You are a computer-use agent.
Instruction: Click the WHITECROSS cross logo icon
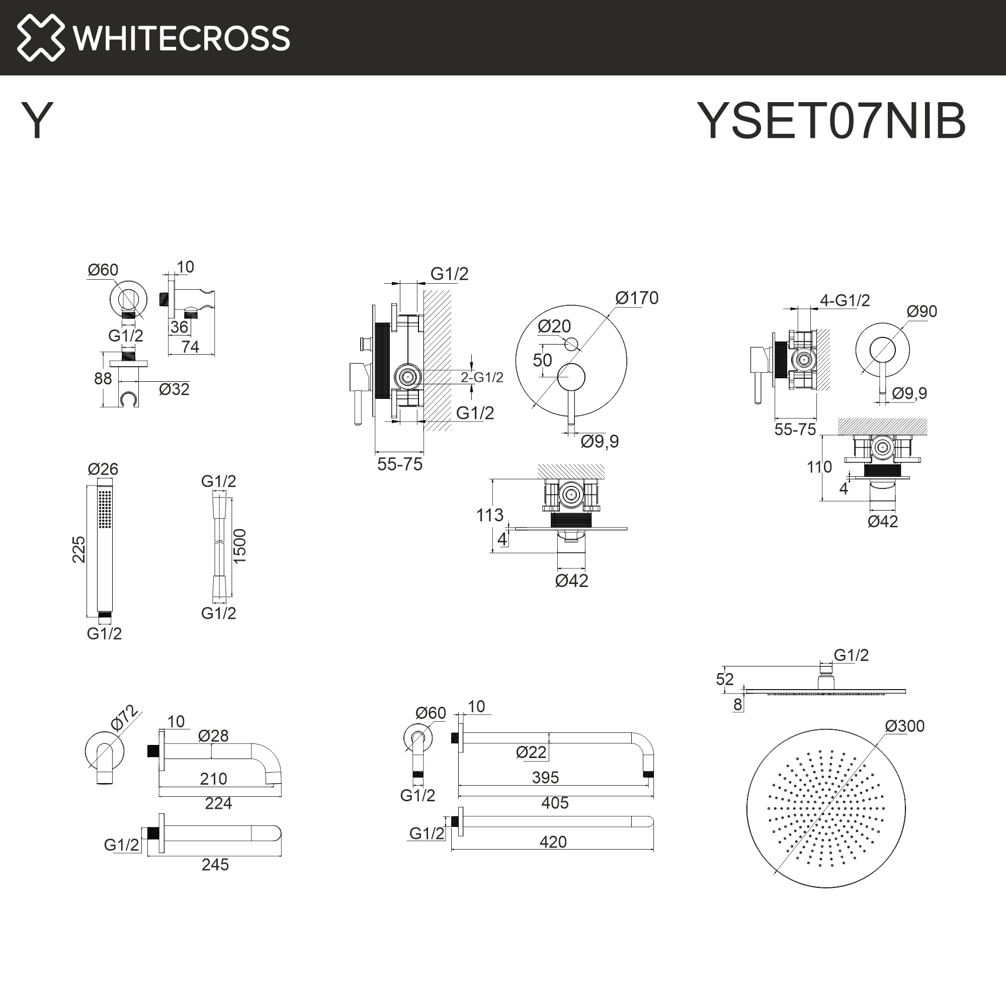click(x=41, y=38)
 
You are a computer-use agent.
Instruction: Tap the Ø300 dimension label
click(x=904, y=726)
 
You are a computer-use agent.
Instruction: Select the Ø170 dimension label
click(x=636, y=298)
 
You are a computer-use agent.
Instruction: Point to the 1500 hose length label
click(x=239, y=546)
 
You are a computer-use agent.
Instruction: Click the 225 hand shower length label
click(x=78, y=549)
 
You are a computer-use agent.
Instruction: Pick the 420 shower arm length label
click(x=552, y=842)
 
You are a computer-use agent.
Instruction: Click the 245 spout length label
click(x=215, y=864)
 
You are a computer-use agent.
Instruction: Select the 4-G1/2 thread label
click(x=845, y=300)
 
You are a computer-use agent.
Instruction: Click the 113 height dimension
click(x=489, y=515)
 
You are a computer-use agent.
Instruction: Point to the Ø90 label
click(x=921, y=311)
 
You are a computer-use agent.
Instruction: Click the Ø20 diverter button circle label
click(x=554, y=326)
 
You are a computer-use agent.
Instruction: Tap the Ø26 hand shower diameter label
click(x=103, y=469)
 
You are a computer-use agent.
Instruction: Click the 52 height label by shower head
click(x=724, y=679)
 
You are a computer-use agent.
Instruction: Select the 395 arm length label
click(x=545, y=778)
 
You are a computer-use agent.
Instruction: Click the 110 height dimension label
click(x=819, y=467)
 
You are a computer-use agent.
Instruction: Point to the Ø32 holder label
click(x=174, y=389)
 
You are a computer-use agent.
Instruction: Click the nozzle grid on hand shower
click(x=105, y=509)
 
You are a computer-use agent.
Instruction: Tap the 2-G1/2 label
click(x=482, y=378)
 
